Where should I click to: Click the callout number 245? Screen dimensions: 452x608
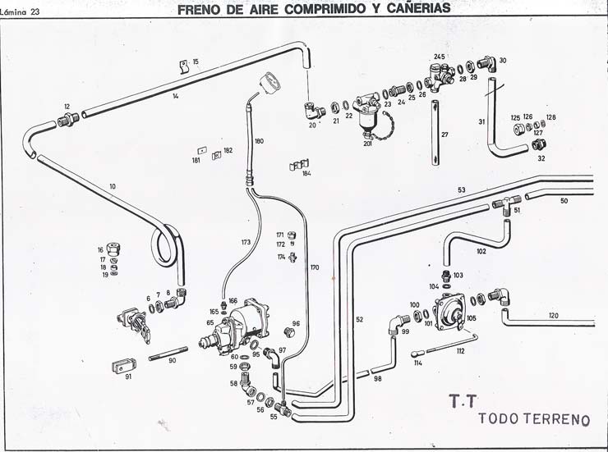click(x=440, y=57)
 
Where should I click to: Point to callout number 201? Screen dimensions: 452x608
click(x=368, y=144)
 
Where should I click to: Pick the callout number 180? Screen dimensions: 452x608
click(x=260, y=141)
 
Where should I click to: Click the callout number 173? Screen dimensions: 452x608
click(x=245, y=243)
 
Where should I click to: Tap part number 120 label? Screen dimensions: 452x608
click(x=553, y=316)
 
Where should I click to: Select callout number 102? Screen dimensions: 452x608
click(x=481, y=251)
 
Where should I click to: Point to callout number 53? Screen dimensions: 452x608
click(x=462, y=190)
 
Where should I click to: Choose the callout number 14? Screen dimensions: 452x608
click(x=176, y=97)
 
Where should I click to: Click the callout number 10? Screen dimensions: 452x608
click(x=112, y=186)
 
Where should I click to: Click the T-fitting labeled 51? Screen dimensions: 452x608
click(x=508, y=202)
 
